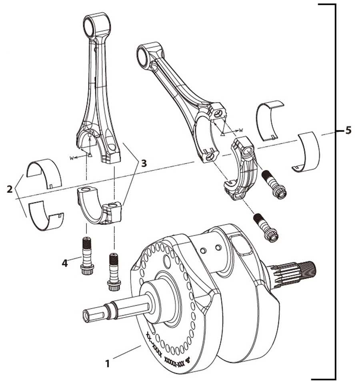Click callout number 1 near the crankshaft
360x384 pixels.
pos(107,364)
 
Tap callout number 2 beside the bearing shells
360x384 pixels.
pos(10,189)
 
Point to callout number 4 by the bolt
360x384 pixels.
pos(64,263)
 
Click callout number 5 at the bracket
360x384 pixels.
pos(348,130)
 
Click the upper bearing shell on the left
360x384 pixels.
pos(44,172)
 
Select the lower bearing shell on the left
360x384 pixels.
pos(44,216)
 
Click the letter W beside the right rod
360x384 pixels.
pos(241,130)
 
